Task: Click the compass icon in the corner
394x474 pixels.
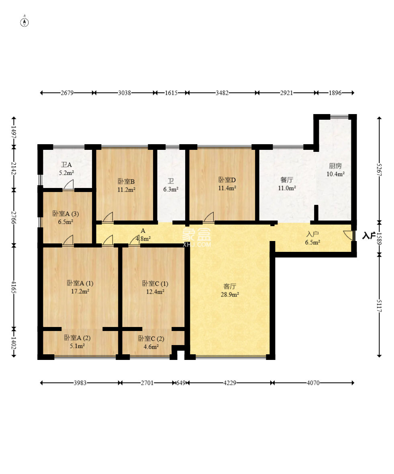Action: click(x=24, y=22)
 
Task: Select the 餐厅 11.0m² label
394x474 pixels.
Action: click(x=287, y=184)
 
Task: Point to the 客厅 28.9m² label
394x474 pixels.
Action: click(x=230, y=290)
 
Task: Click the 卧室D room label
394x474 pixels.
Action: click(x=227, y=180)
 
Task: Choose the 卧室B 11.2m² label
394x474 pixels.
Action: click(x=126, y=185)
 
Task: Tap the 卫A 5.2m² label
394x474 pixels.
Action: click(x=67, y=169)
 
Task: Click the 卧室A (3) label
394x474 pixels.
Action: click(x=65, y=214)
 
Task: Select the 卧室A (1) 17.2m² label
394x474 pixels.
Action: click(x=80, y=287)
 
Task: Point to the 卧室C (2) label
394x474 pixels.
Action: click(x=151, y=339)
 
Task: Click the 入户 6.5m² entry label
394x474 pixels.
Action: click(x=312, y=238)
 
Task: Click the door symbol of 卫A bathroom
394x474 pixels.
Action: click(x=69, y=185)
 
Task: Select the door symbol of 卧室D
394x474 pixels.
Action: click(x=209, y=217)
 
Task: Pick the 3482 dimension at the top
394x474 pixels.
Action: click(x=222, y=93)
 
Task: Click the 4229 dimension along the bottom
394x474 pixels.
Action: click(x=230, y=383)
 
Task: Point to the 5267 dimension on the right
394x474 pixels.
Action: click(x=380, y=170)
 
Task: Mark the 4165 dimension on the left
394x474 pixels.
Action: click(x=14, y=286)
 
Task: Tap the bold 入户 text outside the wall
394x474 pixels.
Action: click(x=369, y=235)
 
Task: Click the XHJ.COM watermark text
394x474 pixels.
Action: click(x=197, y=244)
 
